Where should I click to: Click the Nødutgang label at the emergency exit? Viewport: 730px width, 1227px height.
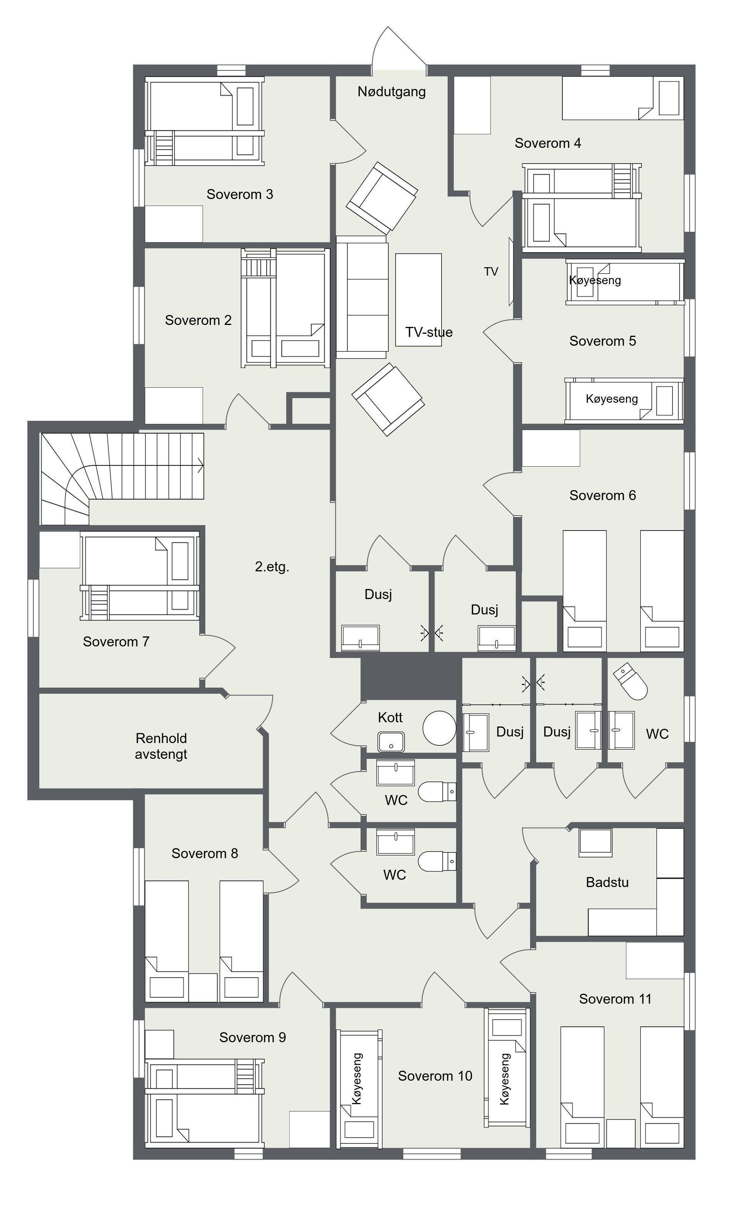[x=391, y=91]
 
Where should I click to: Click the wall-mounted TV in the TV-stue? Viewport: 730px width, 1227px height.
[x=511, y=272]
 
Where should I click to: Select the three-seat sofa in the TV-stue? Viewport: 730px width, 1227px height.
[x=362, y=297]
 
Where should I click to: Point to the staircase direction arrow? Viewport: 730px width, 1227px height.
[x=200, y=465]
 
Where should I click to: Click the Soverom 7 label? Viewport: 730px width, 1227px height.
[x=116, y=641]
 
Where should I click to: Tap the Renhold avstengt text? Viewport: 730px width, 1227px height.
[x=161, y=746]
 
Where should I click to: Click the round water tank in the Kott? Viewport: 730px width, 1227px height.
[x=439, y=728]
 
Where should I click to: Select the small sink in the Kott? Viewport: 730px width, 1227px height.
[x=391, y=742]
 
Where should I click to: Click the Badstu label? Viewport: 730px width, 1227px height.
[x=607, y=882]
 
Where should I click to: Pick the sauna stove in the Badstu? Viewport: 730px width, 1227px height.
[x=595, y=843]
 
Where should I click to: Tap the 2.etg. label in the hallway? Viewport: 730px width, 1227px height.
[x=272, y=567]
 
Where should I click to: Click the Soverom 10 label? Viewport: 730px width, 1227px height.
[x=435, y=1076]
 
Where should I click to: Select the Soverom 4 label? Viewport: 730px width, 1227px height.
[x=547, y=143]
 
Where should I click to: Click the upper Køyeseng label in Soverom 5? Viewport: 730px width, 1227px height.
[x=595, y=280]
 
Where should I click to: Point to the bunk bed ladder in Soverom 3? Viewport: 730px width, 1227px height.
[x=164, y=147]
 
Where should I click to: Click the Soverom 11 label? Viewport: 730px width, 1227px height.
[x=615, y=999]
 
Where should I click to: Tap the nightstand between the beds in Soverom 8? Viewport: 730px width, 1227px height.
[x=203, y=987]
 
